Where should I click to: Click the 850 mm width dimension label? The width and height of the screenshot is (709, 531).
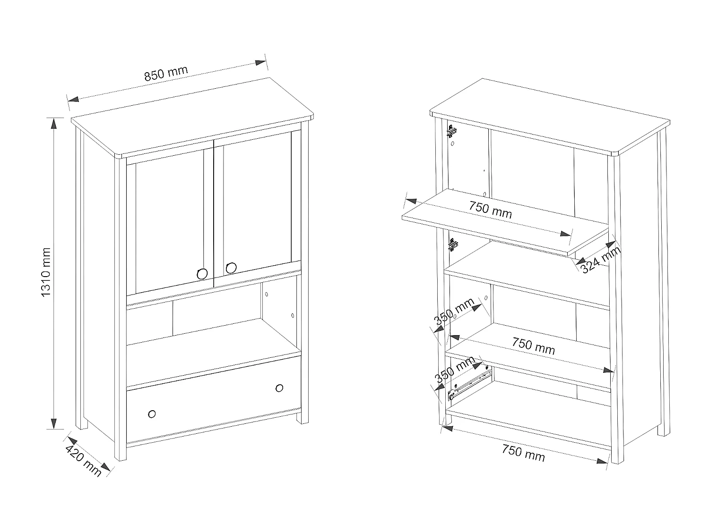tap(166, 73)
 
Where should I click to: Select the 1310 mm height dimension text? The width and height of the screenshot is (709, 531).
tap(46, 272)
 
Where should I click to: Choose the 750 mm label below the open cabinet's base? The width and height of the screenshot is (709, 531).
tap(523, 453)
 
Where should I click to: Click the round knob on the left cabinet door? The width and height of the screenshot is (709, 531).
tap(202, 274)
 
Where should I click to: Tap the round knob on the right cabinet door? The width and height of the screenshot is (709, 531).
tap(231, 268)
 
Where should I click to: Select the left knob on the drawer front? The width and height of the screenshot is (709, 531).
tap(152, 414)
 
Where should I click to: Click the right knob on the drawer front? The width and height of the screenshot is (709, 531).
tap(279, 388)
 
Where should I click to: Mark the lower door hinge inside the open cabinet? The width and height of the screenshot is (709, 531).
tap(453, 245)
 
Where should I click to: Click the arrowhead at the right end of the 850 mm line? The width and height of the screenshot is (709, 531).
tap(260, 63)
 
